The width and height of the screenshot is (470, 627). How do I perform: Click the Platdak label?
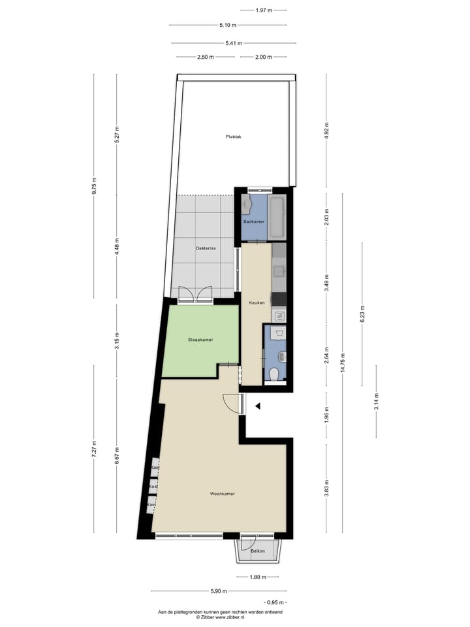pos(234,137)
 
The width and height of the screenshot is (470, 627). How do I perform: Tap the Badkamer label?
pos(254,222)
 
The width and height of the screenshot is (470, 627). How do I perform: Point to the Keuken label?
pos(256,302)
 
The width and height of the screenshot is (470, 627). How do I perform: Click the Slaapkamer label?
pos(200,340)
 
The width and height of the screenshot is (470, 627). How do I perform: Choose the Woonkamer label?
pos(222,494)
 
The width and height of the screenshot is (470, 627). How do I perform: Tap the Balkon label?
pos(258,552)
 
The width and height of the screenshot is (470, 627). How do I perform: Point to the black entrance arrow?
pos(258,406)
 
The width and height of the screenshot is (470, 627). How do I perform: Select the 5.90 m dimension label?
pos(219,592)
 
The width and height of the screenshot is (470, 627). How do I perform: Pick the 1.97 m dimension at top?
pos(264,10)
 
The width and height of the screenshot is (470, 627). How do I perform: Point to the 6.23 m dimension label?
pos(362,318)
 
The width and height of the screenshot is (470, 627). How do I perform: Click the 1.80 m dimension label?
pos(259,577)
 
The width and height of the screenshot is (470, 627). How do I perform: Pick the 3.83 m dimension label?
pos(327,489)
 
